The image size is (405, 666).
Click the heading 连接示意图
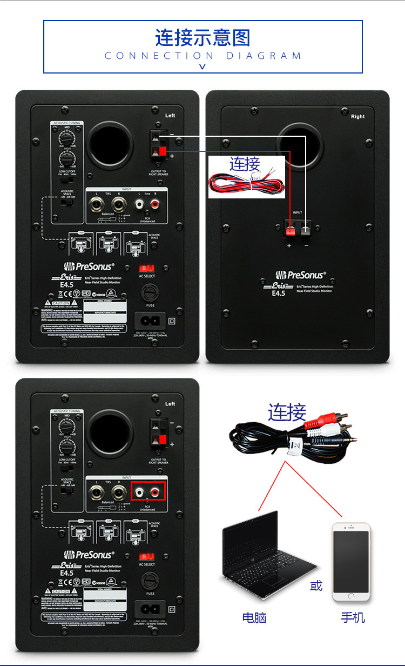(202, 38)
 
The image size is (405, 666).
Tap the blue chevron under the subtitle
(202, 67)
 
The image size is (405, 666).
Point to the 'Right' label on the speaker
(357, 117)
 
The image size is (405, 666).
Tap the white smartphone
(351, 562)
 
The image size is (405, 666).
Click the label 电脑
(254, 617)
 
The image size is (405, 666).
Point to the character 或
(316, 585)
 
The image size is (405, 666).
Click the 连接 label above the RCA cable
(287, 412)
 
